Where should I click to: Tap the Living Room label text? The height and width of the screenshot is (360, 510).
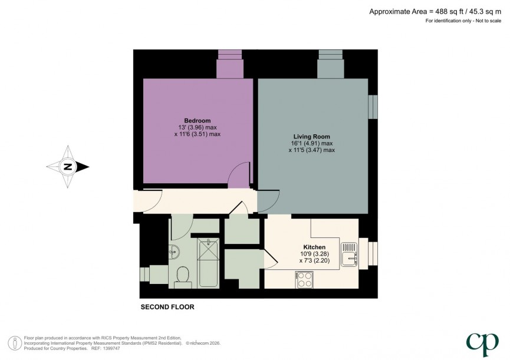click(x=311, y=136)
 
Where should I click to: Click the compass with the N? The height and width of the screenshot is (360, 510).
click(x=68, y=167)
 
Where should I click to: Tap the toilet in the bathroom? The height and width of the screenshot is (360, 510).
click(x=183, y=276)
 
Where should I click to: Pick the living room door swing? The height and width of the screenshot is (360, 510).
click(x=269, y=202)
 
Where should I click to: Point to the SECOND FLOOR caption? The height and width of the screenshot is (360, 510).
click(x=167, y=307)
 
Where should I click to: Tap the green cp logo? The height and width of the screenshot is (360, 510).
click(x=480, y=344)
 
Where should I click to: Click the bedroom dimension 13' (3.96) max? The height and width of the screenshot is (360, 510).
click(x=197, y=127)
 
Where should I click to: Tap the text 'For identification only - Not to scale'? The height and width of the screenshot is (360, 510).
click(x=463, y=21)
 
